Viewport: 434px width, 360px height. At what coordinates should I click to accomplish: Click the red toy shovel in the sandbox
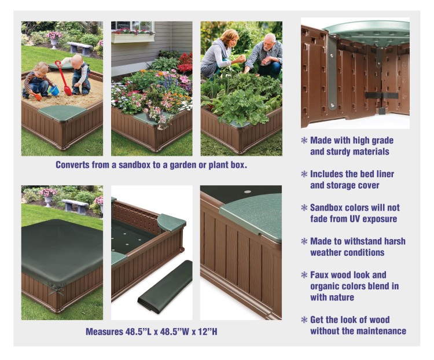point(64,79)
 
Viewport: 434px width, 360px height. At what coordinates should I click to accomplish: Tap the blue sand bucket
point(54,90)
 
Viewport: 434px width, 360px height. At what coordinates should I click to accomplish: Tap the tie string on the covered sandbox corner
point(57,290)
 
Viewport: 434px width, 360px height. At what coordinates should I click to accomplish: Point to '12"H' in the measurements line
point(208,332)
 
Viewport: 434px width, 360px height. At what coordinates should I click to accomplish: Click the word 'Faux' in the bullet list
point(319,275)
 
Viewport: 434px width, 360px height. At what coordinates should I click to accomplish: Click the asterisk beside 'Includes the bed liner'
point(304,174)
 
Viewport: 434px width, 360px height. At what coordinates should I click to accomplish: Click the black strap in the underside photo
point(382,96)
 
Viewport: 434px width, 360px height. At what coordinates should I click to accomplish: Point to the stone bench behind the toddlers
point(80,48)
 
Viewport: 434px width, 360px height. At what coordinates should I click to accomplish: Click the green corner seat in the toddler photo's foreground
point(63,112)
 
